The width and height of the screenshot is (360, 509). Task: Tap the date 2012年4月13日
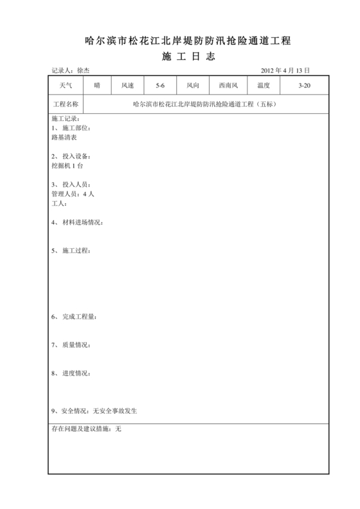click(285, 71)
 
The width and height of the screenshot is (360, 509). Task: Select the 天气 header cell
click(66, 85)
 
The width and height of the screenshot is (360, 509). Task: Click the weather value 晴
click(97, 85)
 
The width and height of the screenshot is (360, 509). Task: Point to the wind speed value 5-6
click(159, 85)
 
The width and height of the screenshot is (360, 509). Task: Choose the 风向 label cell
click(193, 85)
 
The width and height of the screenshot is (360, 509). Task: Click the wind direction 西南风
click(228, 85)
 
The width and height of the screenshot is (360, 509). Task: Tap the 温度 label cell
click(263, 85)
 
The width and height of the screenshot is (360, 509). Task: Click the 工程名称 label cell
click(66, 103)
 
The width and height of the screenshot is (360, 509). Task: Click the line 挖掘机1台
click(67, 165)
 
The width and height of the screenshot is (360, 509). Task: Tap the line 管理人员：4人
click(73, 193)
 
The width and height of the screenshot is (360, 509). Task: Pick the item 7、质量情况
click(70, 345)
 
